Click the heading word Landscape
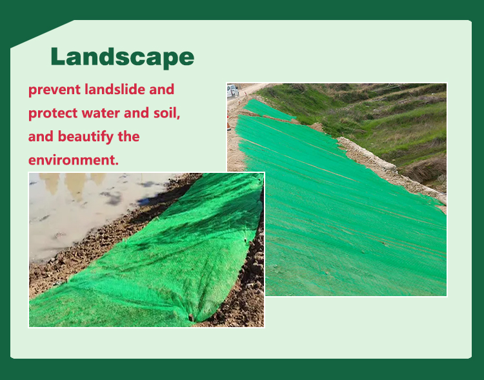click(x=122, y=57)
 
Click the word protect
click(x=53, y=114)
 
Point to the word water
click(x=101, y=113)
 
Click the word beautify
click(x=86, y=137)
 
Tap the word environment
click(x=72, y=160)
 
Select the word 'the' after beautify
click(x=128, y=136)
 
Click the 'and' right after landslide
click(x=162, y=89)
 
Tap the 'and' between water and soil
click(x=136, y=113)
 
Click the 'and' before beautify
click(x=41, y=136)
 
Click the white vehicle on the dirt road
click(x=233, y=91)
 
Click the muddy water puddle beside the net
click(x=92, y=210)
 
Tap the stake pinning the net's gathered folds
click(x=191, y=317)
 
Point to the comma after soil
click(x=178, y=117)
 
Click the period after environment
click(x=117, y=164)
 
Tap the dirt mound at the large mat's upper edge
click(x=316, y=126)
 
